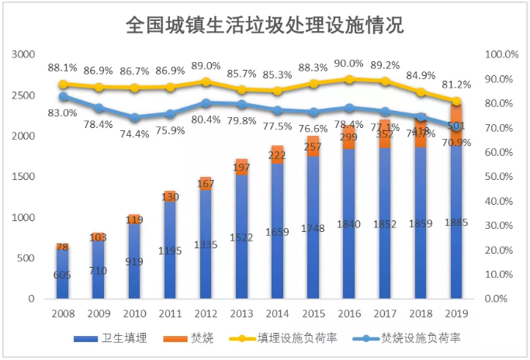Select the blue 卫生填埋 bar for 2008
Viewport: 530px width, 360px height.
tap(63, 275)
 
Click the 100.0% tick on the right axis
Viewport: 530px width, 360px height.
tap(501, 54)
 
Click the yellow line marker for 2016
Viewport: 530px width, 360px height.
tap(349, 79)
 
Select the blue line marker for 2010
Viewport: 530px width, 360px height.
tap(134, 118)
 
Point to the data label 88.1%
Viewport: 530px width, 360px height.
tap(62, 67)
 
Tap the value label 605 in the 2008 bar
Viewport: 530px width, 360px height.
tap(63, 275)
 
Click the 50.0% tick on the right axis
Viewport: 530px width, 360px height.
tap(501, 177)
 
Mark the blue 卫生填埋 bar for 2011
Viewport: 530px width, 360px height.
tap(170, 252)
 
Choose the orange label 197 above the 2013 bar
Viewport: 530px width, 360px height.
tap(241, 168)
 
